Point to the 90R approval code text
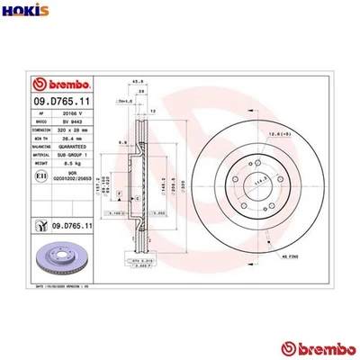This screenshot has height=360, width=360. click(x=69, y=175)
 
